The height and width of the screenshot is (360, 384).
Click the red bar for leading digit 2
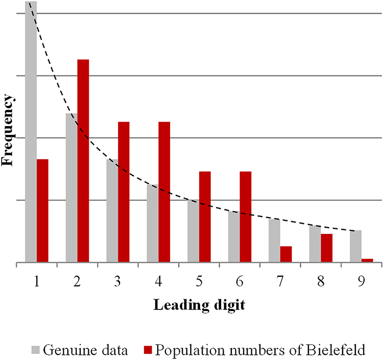pyautogui.click(x=83, y=161)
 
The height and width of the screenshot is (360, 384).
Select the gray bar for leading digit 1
pyautogui.click(x=31, y=133)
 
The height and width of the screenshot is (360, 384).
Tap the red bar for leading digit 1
pyautogui.click(x=42, y=211)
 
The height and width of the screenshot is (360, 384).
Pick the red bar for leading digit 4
pyautogui.click(x=164, y=192)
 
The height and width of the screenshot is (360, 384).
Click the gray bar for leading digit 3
pyautogui.click(x=112, y=211)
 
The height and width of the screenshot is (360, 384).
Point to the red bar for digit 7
pyautogui.click(x=286, y=254)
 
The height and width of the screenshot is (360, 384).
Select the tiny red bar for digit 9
pyautogui.click(x=367, y=260)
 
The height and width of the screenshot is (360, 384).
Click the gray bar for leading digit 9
pyautogui.click(x=355, y=246)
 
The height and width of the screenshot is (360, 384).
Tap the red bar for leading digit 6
pyautogui.click(x=245, y=217)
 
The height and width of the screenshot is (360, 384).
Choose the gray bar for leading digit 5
pyautogui.click(x=193, y=231)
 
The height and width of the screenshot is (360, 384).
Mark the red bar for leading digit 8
pyautogui.click(x=327, y=248)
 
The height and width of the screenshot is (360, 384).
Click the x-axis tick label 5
pyautogui.click(x=199, y=281)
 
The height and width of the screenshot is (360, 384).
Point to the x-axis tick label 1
pyautogui.click(x=36, y=281)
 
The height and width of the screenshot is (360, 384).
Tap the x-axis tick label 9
pyautogui.click(x=361, y=281)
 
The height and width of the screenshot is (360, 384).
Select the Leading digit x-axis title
pyautogui.click(x=199, y=306)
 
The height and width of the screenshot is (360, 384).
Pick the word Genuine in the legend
pyautogui.click(x=64, y=351)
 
